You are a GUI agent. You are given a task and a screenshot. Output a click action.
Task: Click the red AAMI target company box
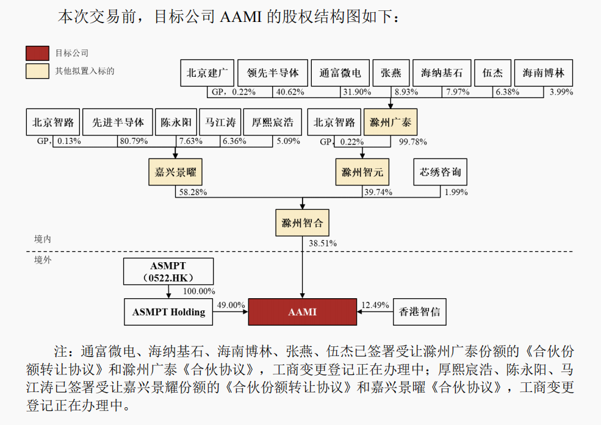302,312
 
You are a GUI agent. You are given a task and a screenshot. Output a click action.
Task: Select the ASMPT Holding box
168,312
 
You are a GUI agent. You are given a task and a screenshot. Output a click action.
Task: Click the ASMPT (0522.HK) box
168,271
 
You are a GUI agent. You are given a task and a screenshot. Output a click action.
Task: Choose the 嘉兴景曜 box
175,172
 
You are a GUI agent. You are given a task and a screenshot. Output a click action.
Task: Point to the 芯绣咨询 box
440,172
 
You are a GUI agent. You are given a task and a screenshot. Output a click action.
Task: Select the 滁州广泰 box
390,123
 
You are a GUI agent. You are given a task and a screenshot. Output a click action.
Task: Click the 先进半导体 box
118,123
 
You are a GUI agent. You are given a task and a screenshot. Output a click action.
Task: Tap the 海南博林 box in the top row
544,73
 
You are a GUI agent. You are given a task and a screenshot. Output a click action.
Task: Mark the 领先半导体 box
273,73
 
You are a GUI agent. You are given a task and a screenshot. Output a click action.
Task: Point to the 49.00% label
231,305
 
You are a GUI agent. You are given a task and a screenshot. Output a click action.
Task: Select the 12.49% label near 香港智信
375,305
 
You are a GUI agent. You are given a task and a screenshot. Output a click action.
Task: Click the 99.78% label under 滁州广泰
412,141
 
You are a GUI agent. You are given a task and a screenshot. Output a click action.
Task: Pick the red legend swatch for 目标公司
37,53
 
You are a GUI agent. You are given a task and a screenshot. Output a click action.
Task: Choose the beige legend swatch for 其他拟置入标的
37,71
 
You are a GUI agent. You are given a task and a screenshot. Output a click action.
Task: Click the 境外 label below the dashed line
43,260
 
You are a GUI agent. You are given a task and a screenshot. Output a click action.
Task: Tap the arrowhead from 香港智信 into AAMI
359,312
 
